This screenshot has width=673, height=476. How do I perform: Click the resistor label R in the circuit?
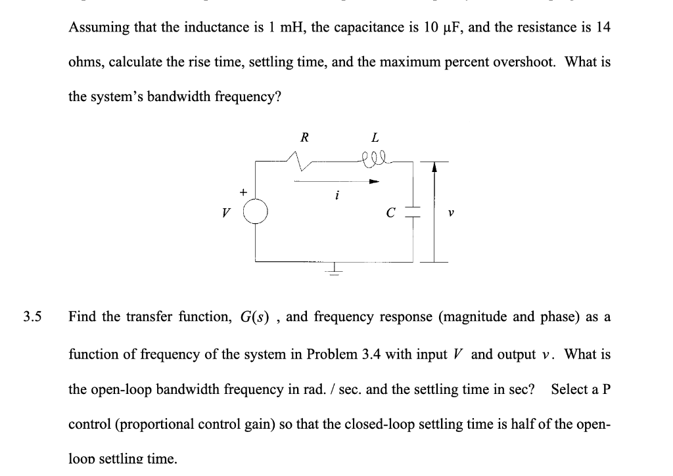303,138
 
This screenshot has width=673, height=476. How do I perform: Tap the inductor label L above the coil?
375,138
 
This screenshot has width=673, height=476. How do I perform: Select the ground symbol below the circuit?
335,269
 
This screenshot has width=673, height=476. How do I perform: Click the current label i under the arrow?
336,195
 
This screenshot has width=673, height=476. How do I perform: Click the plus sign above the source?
243,192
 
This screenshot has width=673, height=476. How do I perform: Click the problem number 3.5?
32,317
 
